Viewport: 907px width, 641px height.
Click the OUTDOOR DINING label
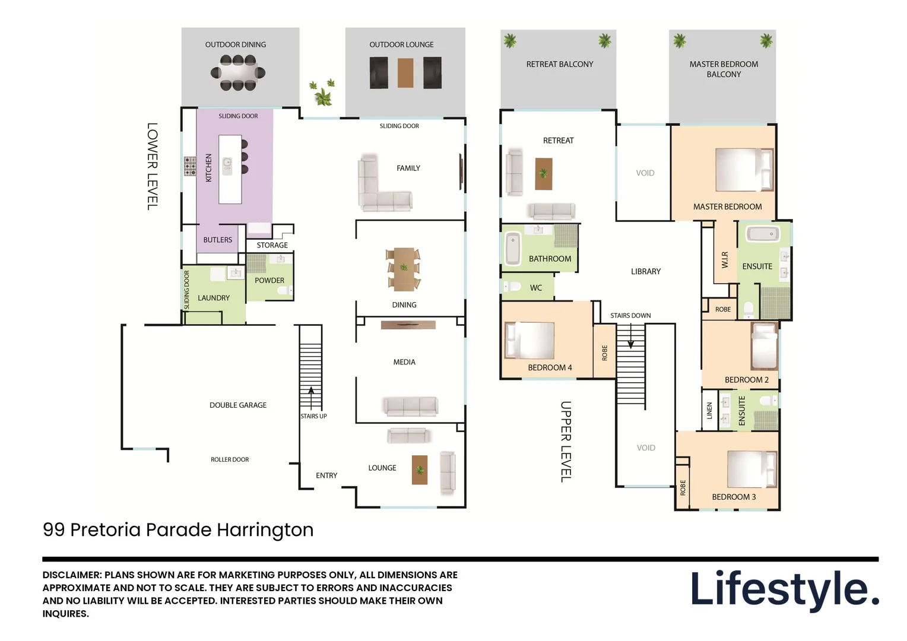(235, 45)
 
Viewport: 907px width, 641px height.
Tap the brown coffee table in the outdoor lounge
(405, 73)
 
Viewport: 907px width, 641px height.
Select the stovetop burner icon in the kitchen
(190, 166)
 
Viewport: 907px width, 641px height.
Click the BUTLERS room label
(218, 240)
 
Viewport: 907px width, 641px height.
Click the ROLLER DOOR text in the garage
(230, 459)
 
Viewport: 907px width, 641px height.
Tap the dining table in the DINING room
(404, 269)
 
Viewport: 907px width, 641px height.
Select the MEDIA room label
(404, 362)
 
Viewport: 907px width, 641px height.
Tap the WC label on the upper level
(536, 288)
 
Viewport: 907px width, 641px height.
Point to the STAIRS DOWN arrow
(630, 338)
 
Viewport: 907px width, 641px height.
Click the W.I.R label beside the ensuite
(725, 260)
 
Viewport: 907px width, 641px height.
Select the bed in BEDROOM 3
(752, 469)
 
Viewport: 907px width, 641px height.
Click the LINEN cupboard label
(709, 410)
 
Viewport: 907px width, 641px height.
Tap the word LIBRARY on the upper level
(646, 272)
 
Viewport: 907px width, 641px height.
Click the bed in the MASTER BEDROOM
(744, 170)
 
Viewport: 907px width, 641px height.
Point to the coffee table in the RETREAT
(544, 174)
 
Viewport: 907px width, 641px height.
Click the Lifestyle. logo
(784, 589)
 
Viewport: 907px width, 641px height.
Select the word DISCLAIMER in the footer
(72, 575)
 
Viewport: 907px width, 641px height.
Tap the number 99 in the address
(53, 529)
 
